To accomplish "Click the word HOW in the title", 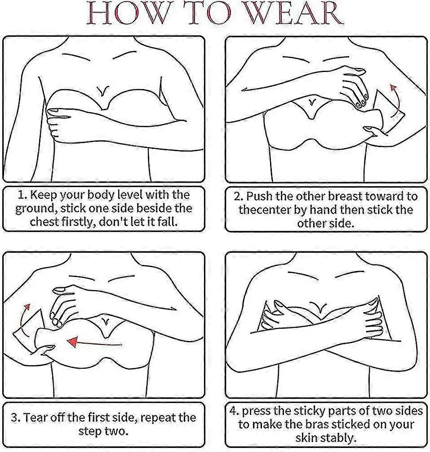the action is point(127,13).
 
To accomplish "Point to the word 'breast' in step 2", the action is point(345,196).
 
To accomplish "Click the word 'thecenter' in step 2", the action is point(265,210).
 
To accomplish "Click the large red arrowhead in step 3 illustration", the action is point(73,342).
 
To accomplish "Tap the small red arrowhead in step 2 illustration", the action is point(393,88).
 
